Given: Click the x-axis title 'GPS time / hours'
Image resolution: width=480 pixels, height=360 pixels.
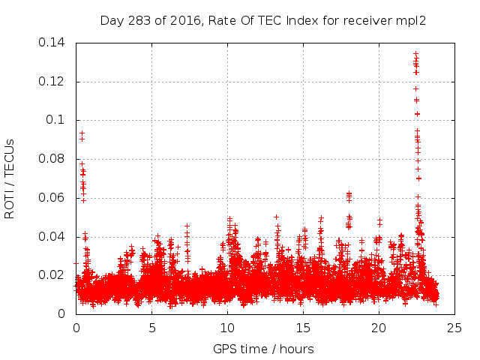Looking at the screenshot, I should tap(263, 349).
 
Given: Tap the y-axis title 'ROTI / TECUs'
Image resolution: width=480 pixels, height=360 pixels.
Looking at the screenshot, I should tap(10, 178).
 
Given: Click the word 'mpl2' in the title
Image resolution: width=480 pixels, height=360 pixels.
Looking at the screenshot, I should tap(412, 20).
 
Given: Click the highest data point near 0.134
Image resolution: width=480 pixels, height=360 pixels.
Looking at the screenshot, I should tap(415, 54).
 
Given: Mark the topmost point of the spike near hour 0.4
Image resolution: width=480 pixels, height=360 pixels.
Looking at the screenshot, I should tap(82, 133).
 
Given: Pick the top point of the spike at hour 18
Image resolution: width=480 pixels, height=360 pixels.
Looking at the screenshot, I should tap(349, 193).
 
